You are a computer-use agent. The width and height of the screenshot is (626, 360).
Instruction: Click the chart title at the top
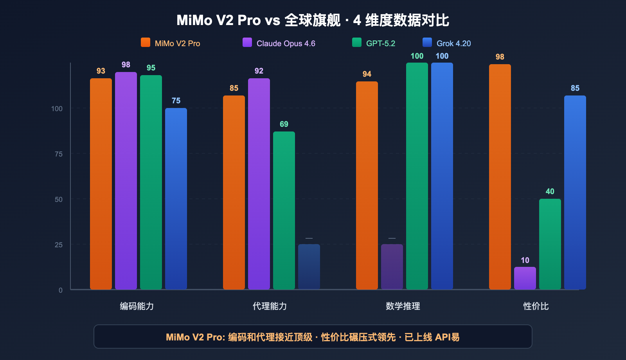(x=313, y=20)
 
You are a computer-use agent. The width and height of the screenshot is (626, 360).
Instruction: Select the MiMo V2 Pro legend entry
(x=171, y=43)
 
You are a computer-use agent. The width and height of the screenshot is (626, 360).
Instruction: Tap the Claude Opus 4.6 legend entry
(x=279, y=43)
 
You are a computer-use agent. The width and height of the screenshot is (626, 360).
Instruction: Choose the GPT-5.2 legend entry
(x=374, y=43)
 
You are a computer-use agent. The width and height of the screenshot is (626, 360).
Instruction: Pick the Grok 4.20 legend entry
(x=447, y=43)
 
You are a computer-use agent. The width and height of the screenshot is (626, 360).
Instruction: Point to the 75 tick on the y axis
(x=58, y=154)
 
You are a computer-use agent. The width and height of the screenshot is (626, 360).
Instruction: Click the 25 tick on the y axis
(x=58, y=245)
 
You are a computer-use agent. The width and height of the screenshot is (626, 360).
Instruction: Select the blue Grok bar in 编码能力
(x=176, y=199)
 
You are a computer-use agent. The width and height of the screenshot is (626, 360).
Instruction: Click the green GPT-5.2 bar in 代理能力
(x=284, y=211)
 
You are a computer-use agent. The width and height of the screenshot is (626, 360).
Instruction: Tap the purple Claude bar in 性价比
(x=525, y=278)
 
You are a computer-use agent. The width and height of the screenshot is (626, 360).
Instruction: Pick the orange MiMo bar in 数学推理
(x=367, y=185)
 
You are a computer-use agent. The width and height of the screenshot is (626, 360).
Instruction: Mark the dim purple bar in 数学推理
(x=392, y=267)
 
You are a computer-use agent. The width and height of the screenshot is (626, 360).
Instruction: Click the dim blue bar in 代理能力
(x=309, y=267)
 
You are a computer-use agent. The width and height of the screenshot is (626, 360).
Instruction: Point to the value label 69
(x=284, y=124)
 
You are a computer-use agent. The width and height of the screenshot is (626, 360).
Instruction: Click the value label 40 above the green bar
(x=550, y=191)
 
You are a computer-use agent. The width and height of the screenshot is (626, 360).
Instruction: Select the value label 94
(x=367, y=74)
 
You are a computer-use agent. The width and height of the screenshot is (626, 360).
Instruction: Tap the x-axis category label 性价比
(x=536, y=306)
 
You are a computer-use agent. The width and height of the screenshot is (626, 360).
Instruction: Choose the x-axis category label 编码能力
(x=137, y=306)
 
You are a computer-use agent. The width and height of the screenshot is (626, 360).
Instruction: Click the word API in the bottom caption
(x=443, y=337)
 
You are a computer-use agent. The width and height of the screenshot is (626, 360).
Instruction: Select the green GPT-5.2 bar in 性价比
(x=550, y=244)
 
